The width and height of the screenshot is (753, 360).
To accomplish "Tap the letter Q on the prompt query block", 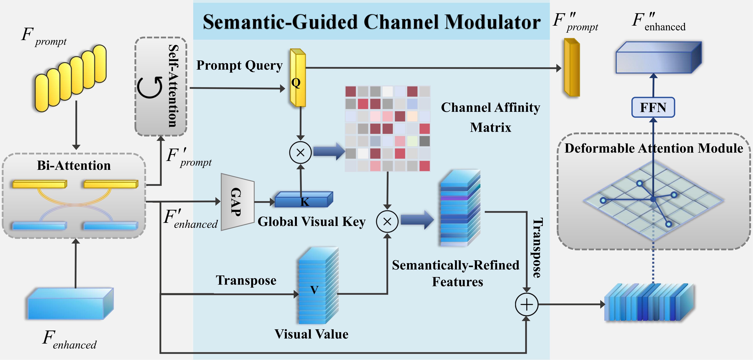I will (296, 83).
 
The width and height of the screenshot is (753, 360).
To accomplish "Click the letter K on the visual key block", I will (305, 202).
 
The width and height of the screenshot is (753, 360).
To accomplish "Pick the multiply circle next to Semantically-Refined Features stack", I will (387, 222).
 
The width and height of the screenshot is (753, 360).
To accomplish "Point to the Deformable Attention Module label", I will (654, 148).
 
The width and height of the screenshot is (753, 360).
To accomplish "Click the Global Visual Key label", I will (311, 222).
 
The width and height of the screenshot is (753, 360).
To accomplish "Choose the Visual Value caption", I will (311, 334).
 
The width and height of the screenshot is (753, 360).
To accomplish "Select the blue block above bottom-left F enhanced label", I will (70, 304).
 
